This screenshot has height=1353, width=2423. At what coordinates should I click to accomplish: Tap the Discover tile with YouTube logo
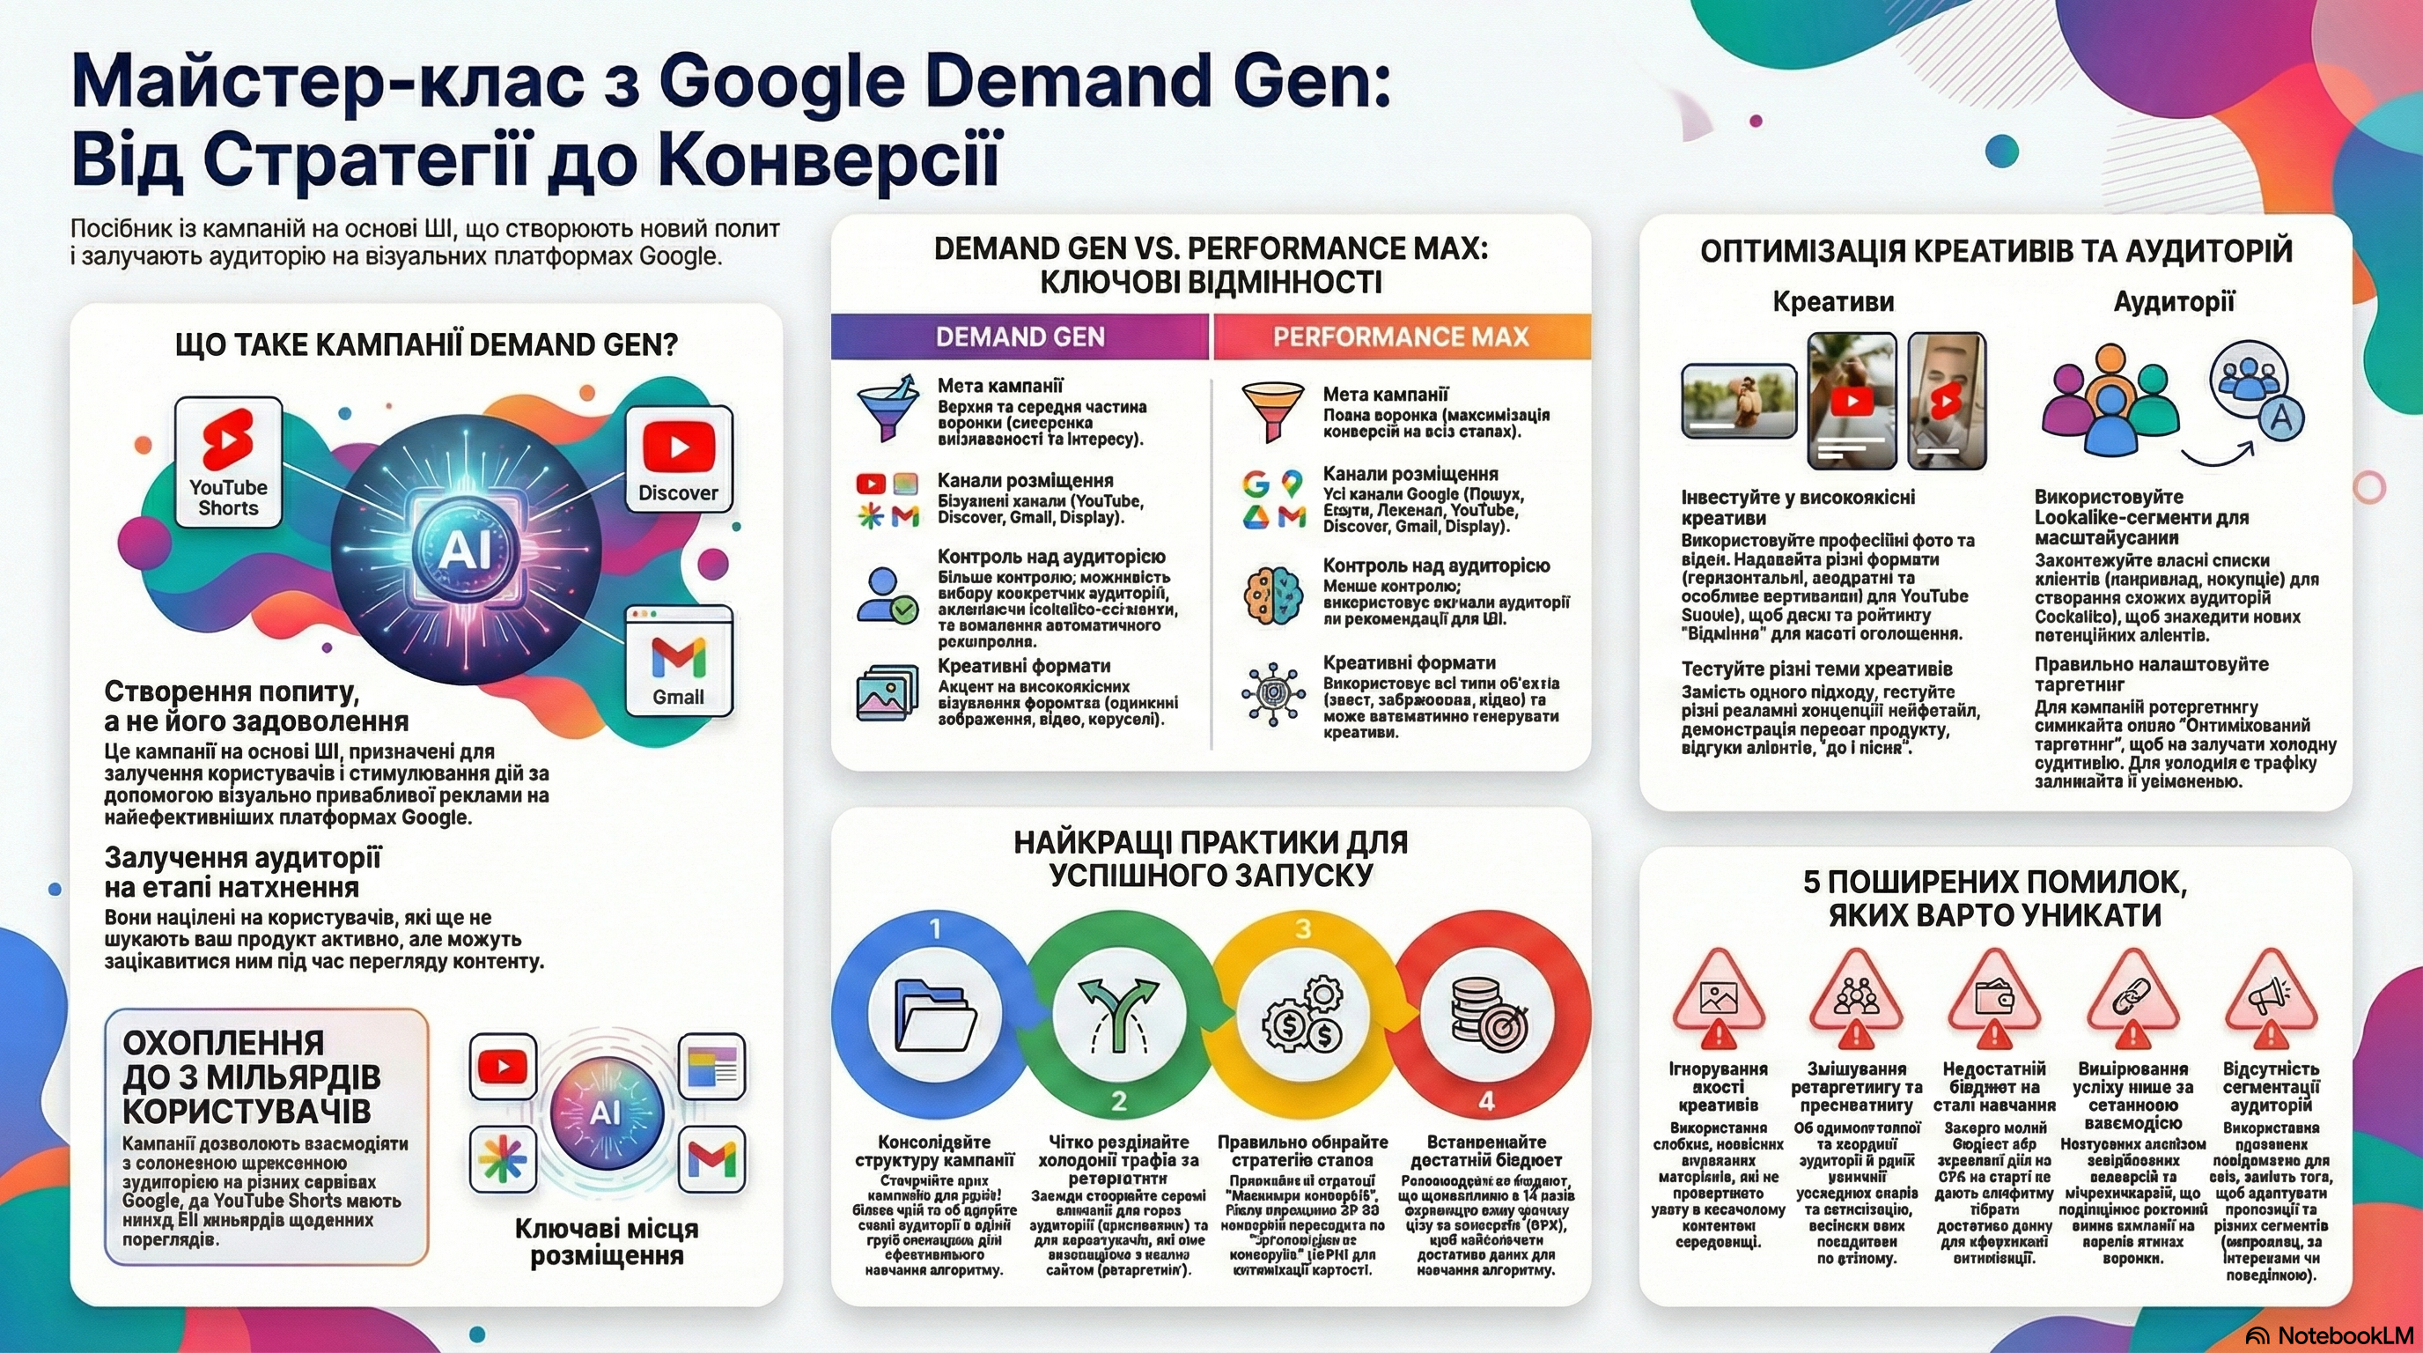(678, 458)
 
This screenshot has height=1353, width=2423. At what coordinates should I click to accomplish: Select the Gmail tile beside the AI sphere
(678, 661)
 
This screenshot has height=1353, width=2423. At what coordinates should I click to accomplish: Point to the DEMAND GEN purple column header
(1020, 336)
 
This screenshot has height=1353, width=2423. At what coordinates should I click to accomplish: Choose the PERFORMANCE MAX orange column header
(1401, 336)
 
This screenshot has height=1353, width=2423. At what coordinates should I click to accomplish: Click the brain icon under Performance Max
(1272, 596)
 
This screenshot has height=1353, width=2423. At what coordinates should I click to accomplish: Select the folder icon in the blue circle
(935, 1017)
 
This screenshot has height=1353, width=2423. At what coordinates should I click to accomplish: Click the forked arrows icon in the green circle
(1118, 1017)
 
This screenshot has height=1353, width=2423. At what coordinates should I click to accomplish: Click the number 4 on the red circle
(1487, 1101)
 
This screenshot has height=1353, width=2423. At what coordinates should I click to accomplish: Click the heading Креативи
(1833, 302)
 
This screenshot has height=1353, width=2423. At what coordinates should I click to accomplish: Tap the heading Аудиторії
(2174, 302)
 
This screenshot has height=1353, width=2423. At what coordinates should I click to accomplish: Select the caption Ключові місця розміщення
(607, 1242)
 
